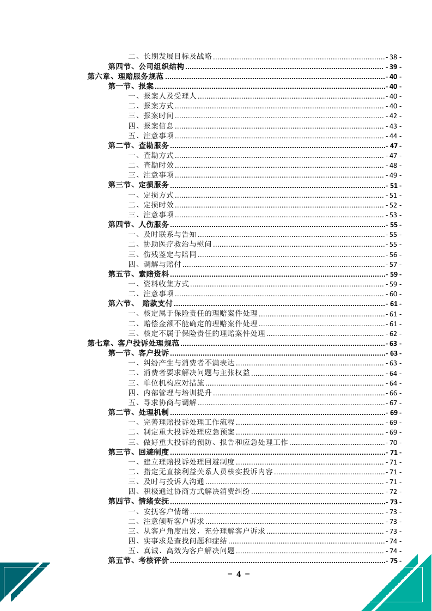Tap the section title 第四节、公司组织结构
tap(146, 67)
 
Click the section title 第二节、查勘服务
tap(138, 146)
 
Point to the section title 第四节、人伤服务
tap(138, 225)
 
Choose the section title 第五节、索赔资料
tap(138, 274)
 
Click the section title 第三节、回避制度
tap(138, 452)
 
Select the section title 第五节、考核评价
tap(138, 560)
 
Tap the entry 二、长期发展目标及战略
tap(170, 57)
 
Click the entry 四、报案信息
tap(151, 126)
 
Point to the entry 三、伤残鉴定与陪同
tap(162, 254)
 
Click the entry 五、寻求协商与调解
tap(162, 402)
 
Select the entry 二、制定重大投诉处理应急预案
tap(181, 432)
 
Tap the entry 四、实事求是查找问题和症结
tap(178, 541)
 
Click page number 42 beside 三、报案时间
tap(394, 117)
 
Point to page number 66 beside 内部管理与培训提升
tap(394, 393)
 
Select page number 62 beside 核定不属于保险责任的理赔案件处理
tap(394, 333)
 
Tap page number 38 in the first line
tap(394, 57)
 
